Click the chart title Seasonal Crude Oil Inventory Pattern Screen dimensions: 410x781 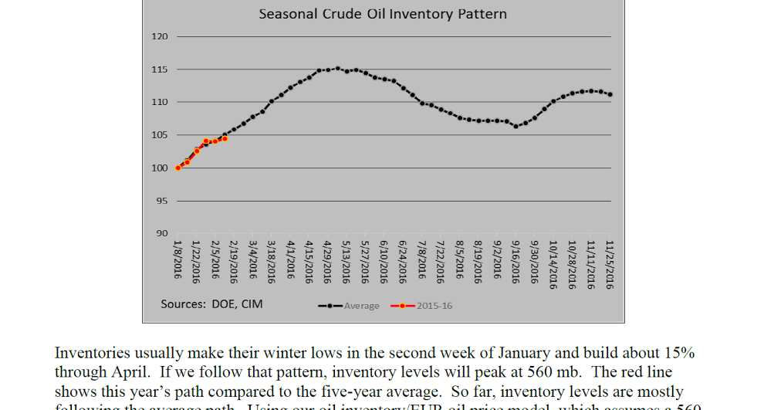(383, 15)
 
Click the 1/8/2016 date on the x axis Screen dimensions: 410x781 (177, 259)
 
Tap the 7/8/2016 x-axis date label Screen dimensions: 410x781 (421, 259)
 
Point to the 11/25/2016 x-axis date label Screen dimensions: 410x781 (609, 264)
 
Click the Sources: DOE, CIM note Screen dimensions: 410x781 (211, 304)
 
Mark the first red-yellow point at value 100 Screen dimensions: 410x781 (178, 168)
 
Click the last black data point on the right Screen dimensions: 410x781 (610, 95)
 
